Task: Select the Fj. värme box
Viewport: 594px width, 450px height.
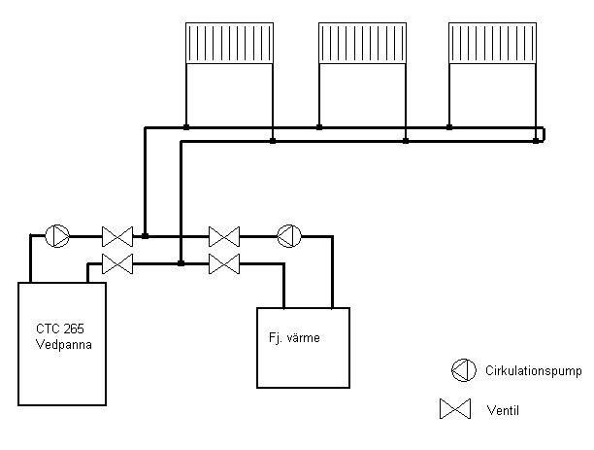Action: tap(302, 348)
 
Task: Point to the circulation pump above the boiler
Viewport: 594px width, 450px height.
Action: tap(57, 235)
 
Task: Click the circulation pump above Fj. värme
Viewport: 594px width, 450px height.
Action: tap(289, 235)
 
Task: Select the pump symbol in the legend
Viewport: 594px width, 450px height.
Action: tap(462, 369)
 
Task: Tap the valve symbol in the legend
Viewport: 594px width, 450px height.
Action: tap(454, 410)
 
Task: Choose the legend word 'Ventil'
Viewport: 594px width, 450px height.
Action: tap(503, 411)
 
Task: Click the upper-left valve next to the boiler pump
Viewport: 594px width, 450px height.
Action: tap(117, 235)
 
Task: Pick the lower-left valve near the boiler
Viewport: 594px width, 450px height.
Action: tap(117, 262)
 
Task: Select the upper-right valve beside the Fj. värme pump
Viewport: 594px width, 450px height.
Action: tap(224, 235)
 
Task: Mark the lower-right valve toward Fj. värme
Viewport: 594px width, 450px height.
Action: tap(224, 262)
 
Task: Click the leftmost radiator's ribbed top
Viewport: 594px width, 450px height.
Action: tap(229, 43)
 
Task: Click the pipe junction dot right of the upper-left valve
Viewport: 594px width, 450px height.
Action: tap(145, 235)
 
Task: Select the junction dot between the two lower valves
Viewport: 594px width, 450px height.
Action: tap(181, 262)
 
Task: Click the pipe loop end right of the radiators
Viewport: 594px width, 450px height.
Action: tap(542, 134)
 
